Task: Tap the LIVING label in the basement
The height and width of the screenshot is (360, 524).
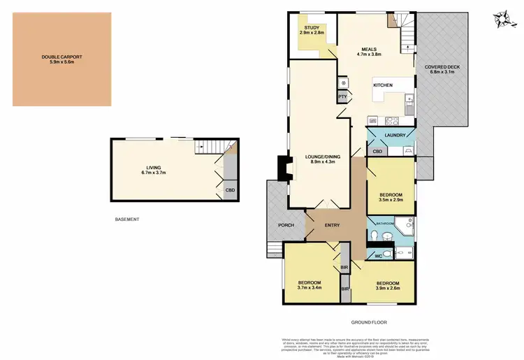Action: (154, 167)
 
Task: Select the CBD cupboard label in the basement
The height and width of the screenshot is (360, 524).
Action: (229, 189)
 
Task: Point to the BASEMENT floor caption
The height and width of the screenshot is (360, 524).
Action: (127, 219)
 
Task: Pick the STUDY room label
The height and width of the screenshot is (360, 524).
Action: (312, 27)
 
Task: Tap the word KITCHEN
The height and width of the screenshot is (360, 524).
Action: (383, 85)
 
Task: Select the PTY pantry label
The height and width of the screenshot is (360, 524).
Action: (342, 96)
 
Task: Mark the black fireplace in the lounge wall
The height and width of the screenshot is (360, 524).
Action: (283, 168)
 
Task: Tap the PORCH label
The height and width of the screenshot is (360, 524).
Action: (285, 225)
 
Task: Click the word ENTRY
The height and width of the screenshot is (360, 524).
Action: (332, 224)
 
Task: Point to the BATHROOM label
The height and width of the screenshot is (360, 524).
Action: (386, 223)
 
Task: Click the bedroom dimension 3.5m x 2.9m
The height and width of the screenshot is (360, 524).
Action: (391, 201)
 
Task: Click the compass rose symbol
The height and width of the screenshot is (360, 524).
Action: (501, 17)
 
